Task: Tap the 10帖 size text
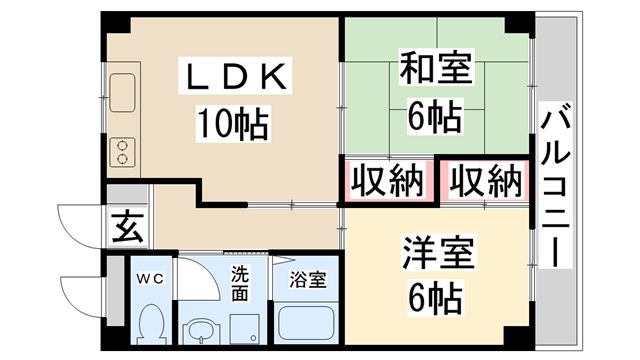point(233,124)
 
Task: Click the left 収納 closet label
point(386,182)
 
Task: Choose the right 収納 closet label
point(485,182)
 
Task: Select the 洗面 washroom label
point(241,284)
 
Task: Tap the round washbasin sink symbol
point(204,329)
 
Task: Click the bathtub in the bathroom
point(305,326)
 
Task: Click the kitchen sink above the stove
point(125,94)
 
